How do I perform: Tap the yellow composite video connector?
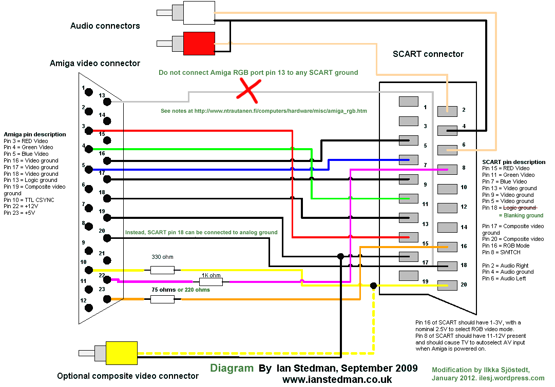pos(121,353)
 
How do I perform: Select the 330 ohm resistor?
pos(162,270)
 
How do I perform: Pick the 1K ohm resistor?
pos(211,281)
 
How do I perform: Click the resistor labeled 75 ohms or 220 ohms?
pos(162,299)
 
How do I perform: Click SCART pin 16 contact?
pos(447,247)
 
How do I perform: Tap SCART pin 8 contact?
pos(447,169)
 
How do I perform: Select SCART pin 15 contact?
pos(409,237)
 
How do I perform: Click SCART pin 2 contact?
pos(447,110)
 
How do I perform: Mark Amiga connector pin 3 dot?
pos(89,131)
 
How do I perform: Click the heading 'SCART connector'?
pos(428,54)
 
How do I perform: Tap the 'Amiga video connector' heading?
pos(94,64)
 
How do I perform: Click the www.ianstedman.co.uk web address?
pos(337,379)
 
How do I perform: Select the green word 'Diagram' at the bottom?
pos(232,368)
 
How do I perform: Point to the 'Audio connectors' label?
pos(105,26)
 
